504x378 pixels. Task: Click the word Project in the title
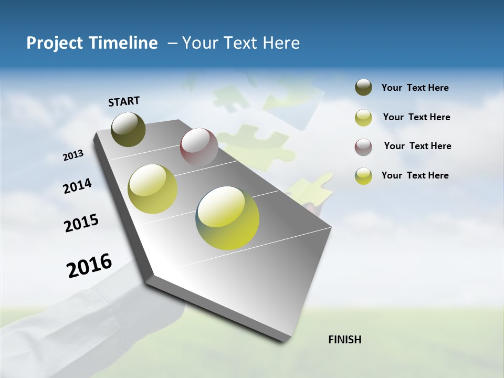55,43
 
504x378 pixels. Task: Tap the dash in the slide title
172,43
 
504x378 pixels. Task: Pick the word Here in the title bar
281,43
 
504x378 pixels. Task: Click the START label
124,101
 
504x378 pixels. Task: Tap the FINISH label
344,340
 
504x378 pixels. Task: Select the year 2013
73,155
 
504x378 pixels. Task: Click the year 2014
77,186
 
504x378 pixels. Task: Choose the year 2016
89,266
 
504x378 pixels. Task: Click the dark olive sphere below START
129,129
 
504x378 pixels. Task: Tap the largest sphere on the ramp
227,217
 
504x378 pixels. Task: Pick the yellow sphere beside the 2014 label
152,188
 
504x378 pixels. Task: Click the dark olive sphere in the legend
363,88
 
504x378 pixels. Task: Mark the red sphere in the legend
363,147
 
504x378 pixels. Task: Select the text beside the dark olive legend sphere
415,88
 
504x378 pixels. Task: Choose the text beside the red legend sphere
417,146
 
